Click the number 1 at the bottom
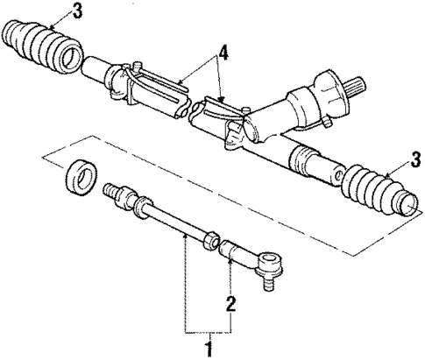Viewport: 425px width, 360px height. click(208, 347)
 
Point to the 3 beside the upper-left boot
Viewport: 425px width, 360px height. click(54, 12)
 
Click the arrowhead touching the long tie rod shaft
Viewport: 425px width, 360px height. click(184, 234)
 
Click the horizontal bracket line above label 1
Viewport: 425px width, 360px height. click(209, 332)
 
